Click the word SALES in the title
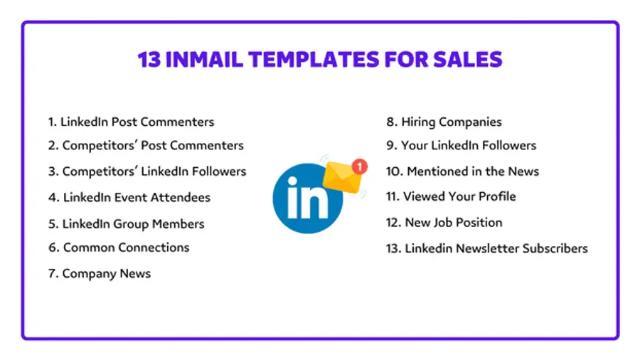tap(473, 59)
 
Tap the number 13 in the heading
tap(149, 59)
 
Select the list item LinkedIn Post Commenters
tap(131, 122)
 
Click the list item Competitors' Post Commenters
tap(146, 145)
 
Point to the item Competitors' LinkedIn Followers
tap(147, 171)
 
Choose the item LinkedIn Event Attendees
tap(129, 197)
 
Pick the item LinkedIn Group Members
tap(126, 223)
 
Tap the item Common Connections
tap(119, 248)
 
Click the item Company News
tap(100, 273)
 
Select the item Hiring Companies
tap(444, 122)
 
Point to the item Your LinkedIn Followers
tap(461, 145)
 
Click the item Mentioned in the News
tap(462, 171)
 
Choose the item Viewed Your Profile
tap(451, 196)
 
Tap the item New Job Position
tap(444, 222)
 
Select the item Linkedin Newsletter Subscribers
tap(486, 248)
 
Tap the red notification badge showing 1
tap(360, 166)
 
